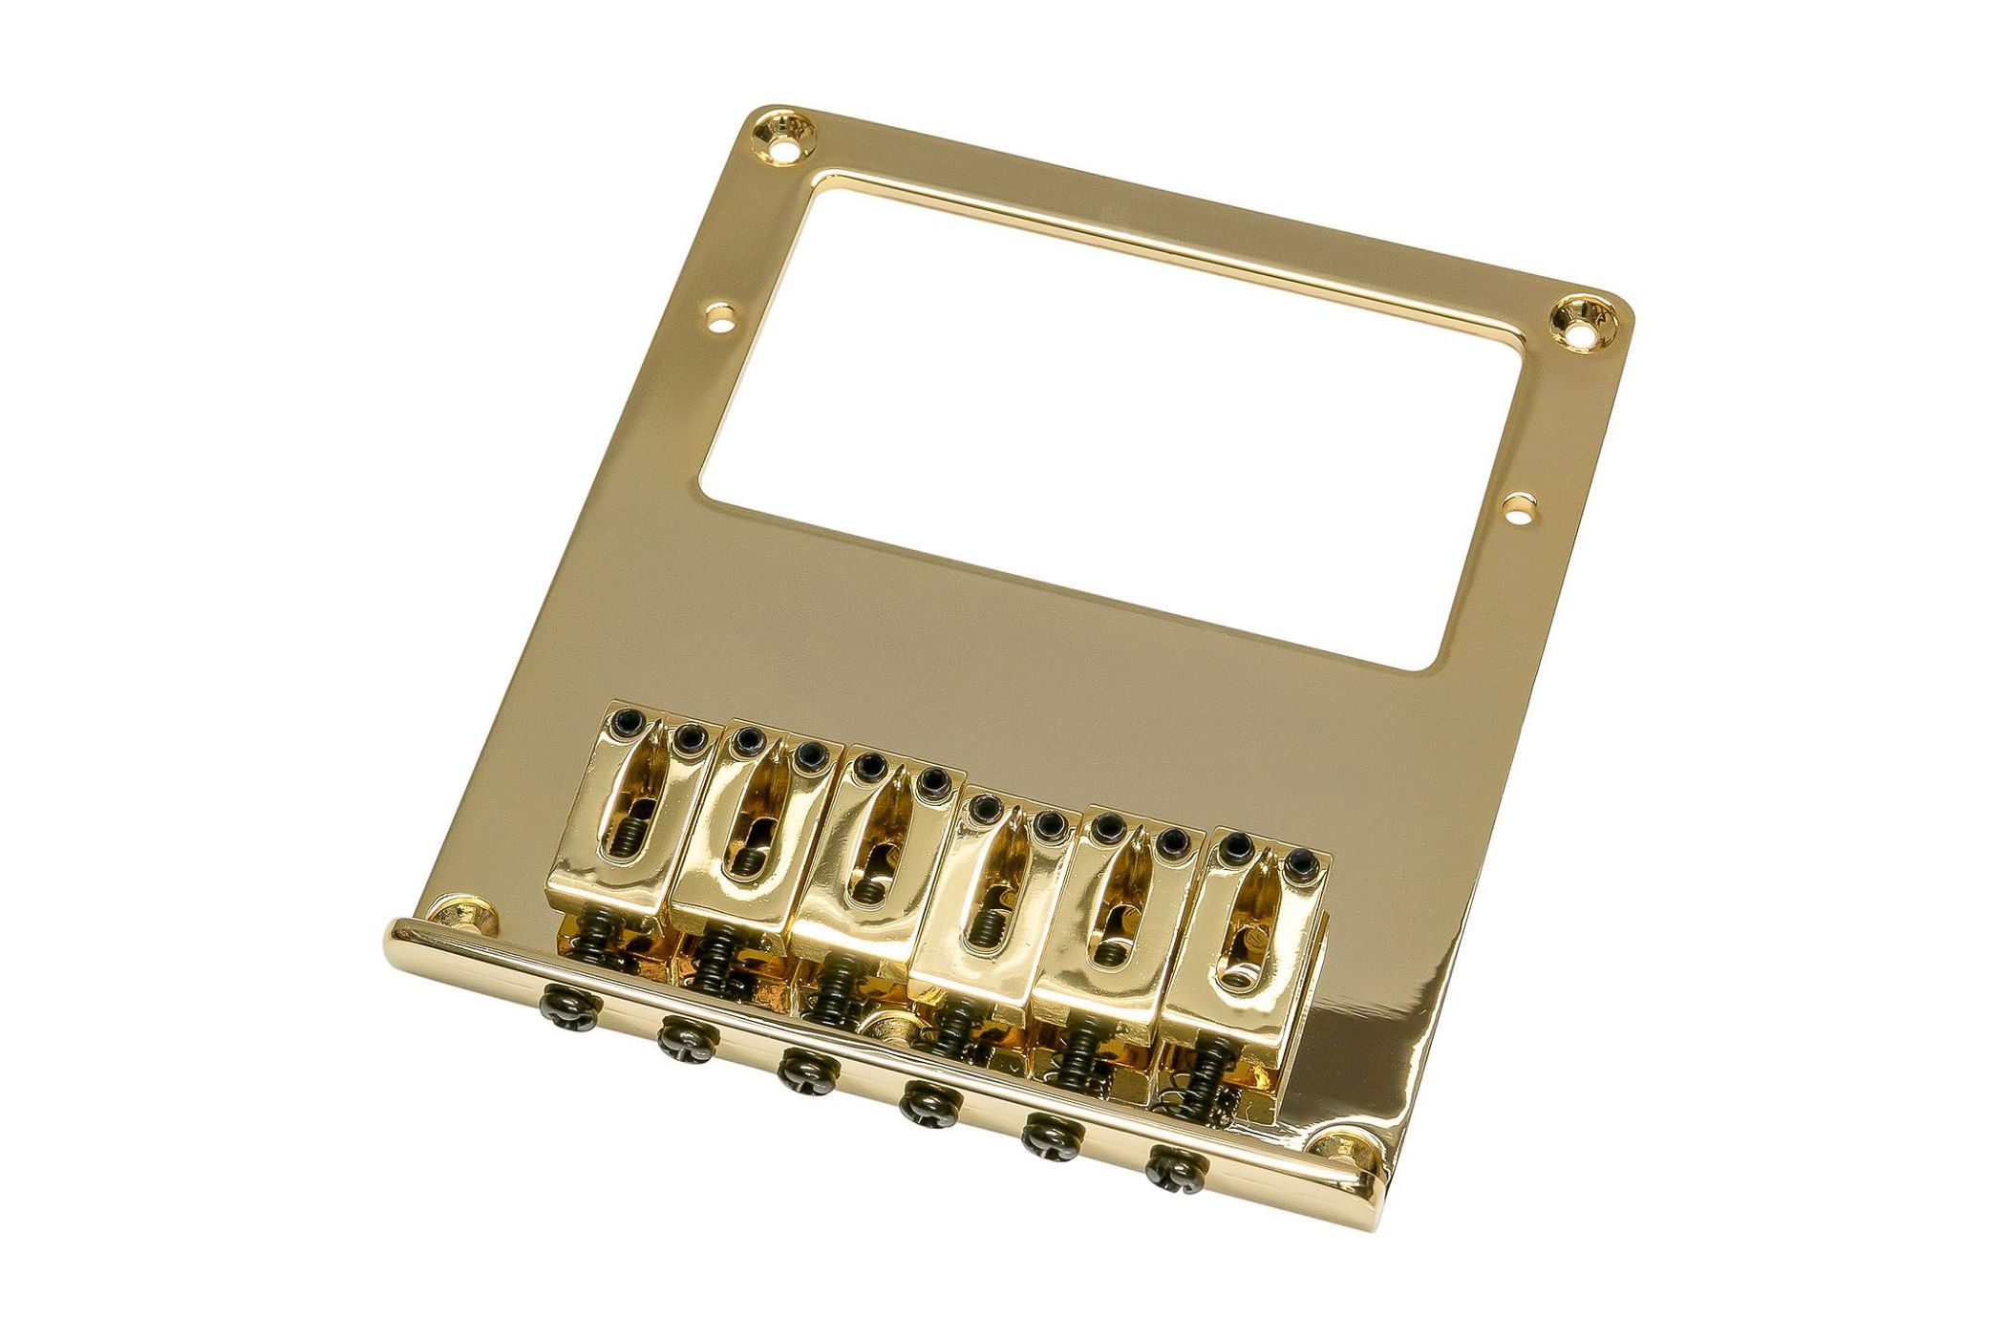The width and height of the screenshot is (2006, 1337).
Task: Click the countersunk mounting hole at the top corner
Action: [790, 136]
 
